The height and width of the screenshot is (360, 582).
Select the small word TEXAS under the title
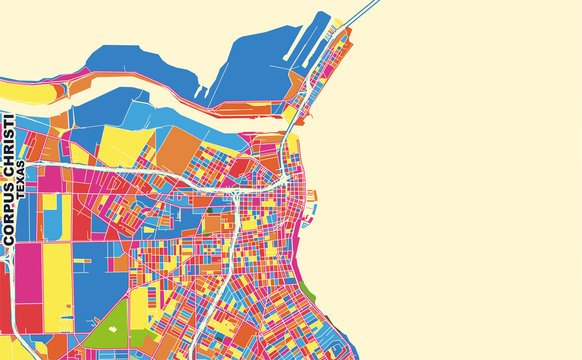click(21, 174)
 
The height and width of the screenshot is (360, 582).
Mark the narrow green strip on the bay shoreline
click(308, 291)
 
